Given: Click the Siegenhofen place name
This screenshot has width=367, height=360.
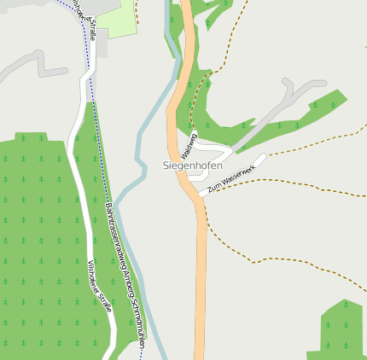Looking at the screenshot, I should click(192, 165).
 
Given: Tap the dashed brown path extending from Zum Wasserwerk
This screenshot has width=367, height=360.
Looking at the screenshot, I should click(299, 184).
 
